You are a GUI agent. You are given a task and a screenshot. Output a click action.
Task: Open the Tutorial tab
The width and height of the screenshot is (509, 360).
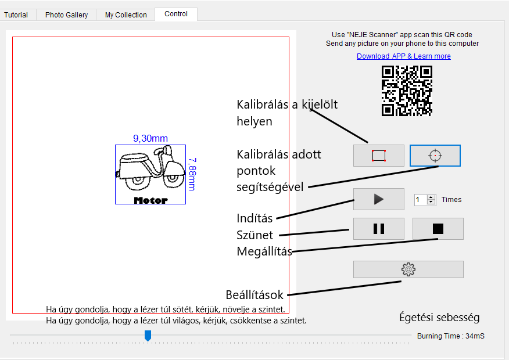(16, 15)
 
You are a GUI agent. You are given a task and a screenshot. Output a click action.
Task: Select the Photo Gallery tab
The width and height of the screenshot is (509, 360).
(67, 15)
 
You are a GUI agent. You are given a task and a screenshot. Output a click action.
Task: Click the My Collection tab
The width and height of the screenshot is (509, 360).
(126, 15)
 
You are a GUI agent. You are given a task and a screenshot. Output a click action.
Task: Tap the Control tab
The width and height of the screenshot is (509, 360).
(176, 14)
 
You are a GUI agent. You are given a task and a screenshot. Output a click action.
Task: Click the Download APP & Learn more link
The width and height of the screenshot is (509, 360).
(403, 56)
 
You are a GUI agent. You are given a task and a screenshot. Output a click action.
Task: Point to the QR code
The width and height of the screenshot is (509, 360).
(407, 91)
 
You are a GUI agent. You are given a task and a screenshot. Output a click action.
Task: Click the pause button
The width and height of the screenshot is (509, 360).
(378, 229)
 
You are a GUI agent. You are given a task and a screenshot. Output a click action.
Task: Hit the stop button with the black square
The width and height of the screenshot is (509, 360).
(438, 229)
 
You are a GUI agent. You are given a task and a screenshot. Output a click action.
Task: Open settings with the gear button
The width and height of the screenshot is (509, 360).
(408, 269)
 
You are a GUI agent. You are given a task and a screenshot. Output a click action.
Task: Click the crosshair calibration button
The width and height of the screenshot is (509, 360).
(435, 156)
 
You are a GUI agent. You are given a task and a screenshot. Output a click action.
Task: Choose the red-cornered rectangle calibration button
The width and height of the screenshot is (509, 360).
(378, 156)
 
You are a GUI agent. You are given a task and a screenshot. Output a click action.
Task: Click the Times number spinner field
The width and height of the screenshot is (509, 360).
(421, 200)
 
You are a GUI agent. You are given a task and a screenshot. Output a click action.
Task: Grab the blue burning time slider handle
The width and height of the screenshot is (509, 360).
(148, 336)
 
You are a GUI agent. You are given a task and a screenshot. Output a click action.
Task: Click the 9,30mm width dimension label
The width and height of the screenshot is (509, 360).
(150, 139)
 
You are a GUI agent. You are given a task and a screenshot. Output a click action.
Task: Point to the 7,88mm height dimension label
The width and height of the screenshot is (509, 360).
(192, 174)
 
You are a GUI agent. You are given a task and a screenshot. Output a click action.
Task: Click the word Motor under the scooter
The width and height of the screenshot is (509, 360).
(150, 200)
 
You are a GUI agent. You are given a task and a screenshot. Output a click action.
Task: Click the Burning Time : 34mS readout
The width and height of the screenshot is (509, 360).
(450, 336)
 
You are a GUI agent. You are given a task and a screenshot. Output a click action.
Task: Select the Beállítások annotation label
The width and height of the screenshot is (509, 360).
(254, 295)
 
